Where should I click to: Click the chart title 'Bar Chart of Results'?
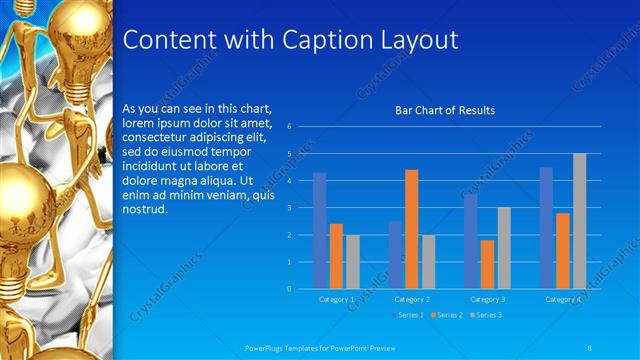(x=445, y=110)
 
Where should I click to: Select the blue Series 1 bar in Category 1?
(x=319, y=230)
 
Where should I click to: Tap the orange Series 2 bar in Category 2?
(x=411, y=229)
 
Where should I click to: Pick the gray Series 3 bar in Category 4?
(x=579, y=221)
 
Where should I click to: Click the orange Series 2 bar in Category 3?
(x=487, y=264)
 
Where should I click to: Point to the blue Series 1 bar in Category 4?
(x=546, y=228)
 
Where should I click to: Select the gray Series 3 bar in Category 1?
(x=352, y=261)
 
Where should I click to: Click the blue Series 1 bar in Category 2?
(x=395, y=254)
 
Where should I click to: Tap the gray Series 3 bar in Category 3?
(x=503, y=248)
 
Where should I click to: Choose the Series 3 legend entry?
(x=485, y=315)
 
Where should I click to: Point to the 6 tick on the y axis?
(x=288, y=127)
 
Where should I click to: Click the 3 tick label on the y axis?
(x=288, y=208)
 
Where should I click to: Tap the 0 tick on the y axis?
(x=288, y=289)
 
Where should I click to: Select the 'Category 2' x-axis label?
(x=411, y=299)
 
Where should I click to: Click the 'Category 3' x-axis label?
(x=487, y=299)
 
